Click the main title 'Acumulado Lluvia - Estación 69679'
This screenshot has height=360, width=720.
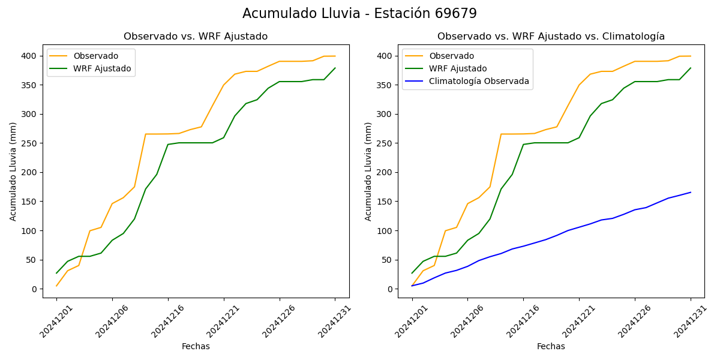[359, 14]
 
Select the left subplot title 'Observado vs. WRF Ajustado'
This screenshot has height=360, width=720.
[196, 37]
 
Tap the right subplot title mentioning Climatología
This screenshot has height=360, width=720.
[551, 37]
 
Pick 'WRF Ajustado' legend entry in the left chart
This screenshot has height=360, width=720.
[102, 69]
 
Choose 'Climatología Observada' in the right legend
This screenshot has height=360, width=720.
[479, 82]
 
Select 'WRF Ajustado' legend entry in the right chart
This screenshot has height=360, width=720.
[458, 69]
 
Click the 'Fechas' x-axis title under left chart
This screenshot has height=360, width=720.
[196, 347]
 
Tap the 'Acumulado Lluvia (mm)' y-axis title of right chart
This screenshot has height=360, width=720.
[368, 171]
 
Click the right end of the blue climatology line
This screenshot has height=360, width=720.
[691, 193]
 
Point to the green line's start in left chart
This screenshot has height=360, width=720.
[56, 273]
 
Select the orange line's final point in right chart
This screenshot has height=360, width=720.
[691, 56]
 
